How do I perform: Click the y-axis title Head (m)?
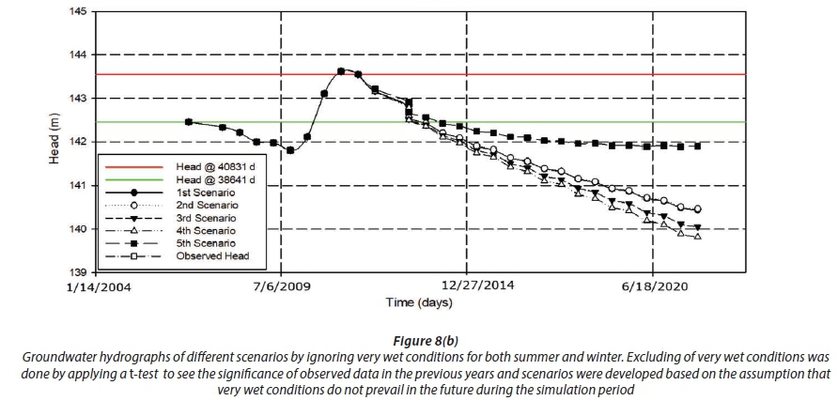54,141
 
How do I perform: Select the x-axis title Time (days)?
419,302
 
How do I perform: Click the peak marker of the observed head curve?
341,70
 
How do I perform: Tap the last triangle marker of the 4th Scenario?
697,237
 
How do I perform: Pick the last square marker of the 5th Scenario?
697,146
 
